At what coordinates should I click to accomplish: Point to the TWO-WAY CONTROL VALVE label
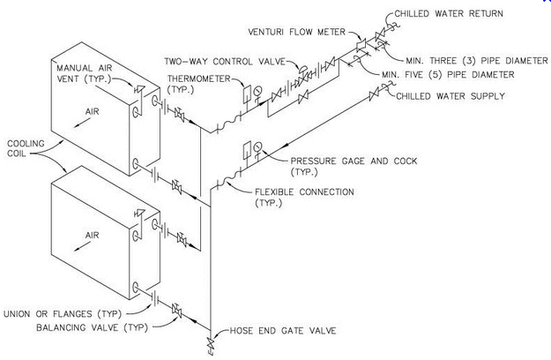[227, 62]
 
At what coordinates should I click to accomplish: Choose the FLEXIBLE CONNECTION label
[305, 191]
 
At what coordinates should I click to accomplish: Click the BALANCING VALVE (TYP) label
[85, 326]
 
